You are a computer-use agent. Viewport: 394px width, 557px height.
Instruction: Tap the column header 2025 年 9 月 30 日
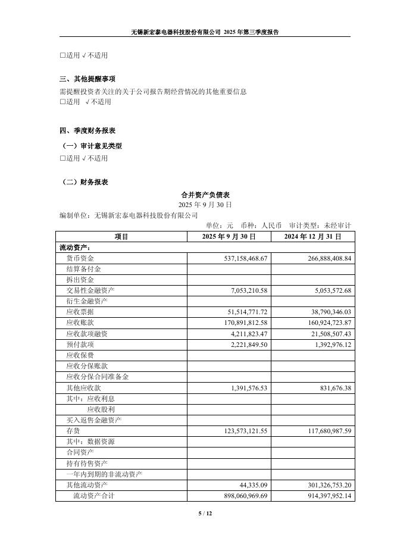(x=229, y=236)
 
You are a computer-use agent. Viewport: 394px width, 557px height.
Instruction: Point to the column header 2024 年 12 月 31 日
(x=312, y=236)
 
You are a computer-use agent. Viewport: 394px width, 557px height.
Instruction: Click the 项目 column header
(x=121, y=236)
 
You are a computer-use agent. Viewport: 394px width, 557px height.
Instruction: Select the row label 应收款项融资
(x=87, y=334)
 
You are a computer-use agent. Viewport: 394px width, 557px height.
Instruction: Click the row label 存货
(x=73, y=430)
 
